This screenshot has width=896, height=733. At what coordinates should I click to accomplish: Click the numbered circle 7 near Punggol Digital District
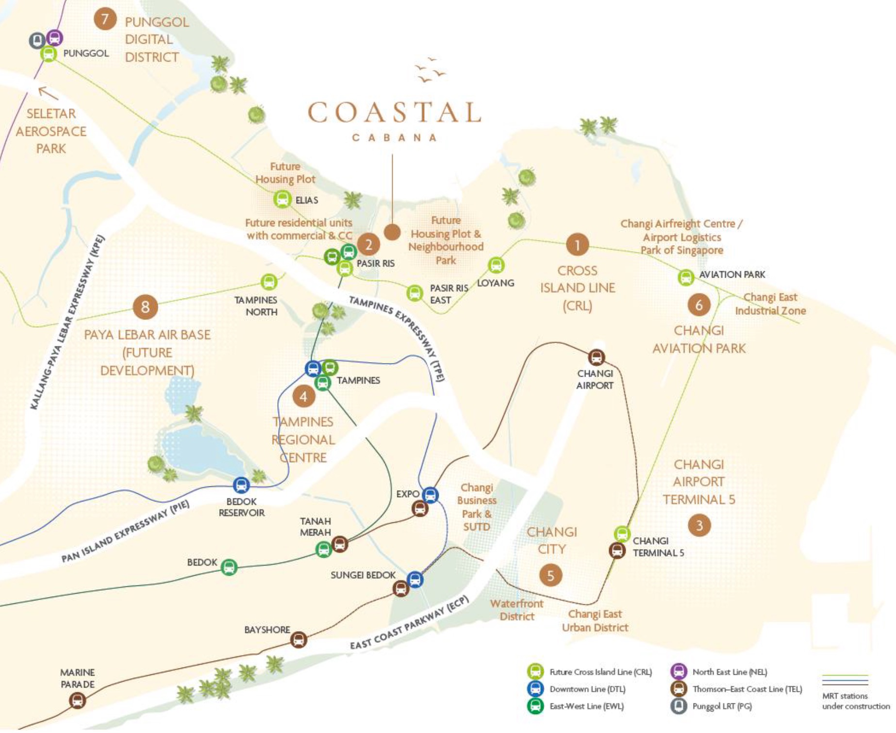(x=104, y=19)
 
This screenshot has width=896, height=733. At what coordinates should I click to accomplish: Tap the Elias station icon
(x=282, y=199)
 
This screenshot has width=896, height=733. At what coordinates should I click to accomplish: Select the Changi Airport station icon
(x=596, y=358)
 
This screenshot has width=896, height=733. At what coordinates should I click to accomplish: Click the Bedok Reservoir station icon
(x=241, y=484)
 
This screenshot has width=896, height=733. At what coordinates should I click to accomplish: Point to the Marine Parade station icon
(x=77, y=700)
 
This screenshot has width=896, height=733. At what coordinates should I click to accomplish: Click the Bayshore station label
(x=267, y=630)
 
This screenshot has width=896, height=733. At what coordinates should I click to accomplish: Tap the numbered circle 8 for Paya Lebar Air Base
(x=145, y=307)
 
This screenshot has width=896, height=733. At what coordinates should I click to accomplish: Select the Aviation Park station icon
(x=685, y=277)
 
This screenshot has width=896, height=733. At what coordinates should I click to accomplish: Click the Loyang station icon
(x=496, y=265)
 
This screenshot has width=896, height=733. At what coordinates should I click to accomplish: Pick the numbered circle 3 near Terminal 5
(x=699, y=525)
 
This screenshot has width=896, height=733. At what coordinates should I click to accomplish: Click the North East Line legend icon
(x=678, y=672)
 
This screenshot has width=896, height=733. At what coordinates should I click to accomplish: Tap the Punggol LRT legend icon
(x=678, y=706)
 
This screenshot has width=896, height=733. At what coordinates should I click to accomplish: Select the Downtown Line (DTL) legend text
(x=587, y=689)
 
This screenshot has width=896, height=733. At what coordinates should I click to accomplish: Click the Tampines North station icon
(x=269, y=282)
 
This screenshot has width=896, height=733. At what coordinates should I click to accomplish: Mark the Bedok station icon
(x=229, y=566)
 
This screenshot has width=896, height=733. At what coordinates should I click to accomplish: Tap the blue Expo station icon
(x=430, y=495)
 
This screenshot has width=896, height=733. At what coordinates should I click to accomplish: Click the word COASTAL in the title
(x=394, y=113)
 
